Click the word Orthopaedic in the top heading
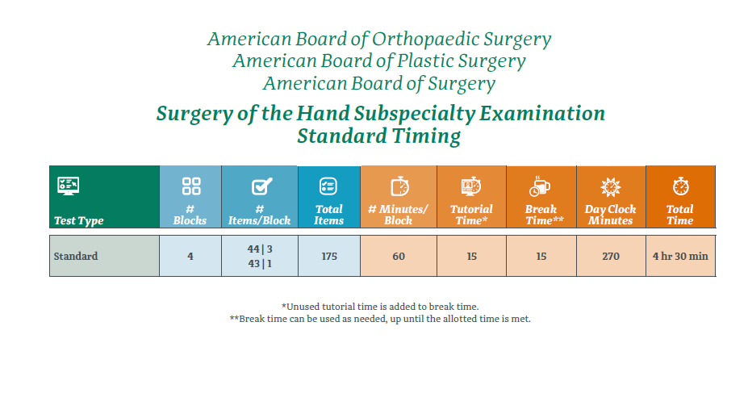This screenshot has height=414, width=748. tap(421, 39)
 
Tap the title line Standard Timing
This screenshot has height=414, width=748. tap(378, 136)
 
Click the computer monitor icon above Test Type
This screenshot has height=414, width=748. tap(68, 186)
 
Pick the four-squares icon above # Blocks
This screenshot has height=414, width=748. tap(190, 186)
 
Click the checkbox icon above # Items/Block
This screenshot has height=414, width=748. tap(260, 186)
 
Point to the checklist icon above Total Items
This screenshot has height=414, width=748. tap(328, 186)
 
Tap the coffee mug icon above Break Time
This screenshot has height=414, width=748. tap(540, 186)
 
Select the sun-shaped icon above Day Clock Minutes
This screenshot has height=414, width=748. tap(611, 186)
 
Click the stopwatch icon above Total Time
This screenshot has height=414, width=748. tap(680, 186)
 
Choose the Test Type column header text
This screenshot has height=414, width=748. tap(78, 220)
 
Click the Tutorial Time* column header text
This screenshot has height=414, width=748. tap(471, 215)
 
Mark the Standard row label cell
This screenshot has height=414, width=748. tap(76, 256)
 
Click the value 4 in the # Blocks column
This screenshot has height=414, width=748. tap(190, 256)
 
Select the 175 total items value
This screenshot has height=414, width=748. tap(328, 256)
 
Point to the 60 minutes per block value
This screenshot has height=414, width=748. tap(399, 256)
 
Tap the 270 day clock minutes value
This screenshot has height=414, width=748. tap(611, 256)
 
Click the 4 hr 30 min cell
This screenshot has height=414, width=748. tap(680, 256)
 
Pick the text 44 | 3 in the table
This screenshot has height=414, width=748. tap(260, 249)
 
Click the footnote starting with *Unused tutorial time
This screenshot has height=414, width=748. tap(379, 306)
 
